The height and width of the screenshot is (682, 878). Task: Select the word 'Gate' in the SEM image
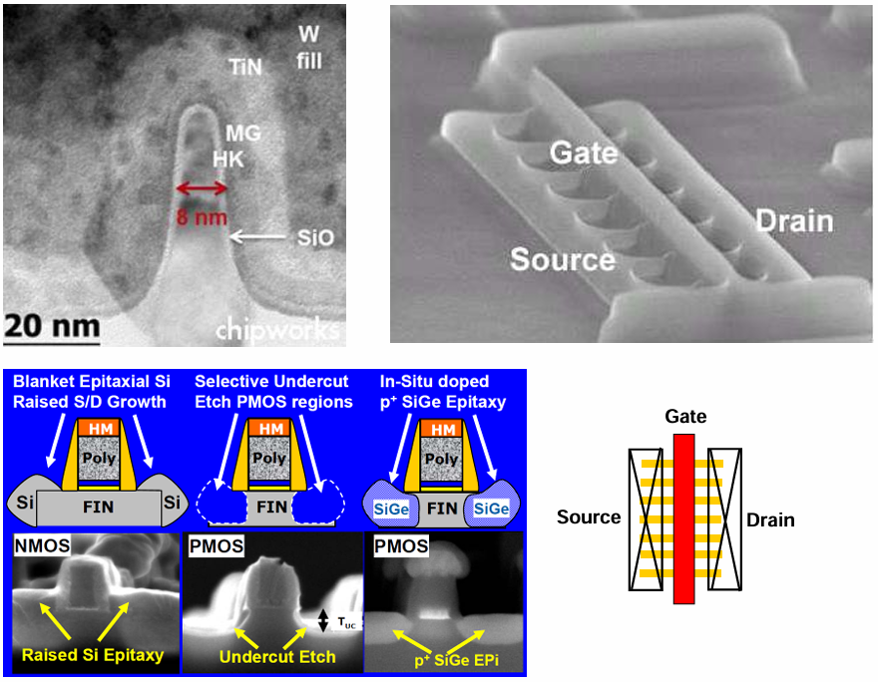coord(585,155)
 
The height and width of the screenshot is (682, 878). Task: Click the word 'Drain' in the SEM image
coord(792,219)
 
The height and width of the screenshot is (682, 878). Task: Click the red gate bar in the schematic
coord(683,518)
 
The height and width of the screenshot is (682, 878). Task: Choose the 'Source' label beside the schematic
coord(589,517)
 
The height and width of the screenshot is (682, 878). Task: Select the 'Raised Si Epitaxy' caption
coord(95,655)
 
